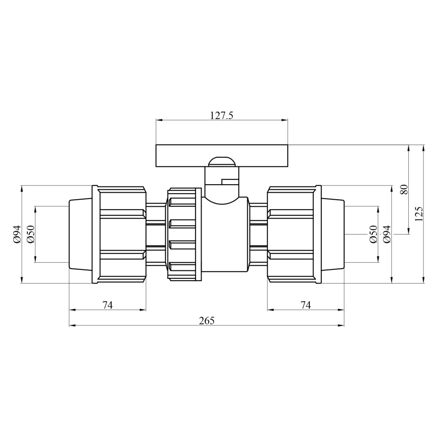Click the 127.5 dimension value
pos(221,115)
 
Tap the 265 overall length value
pos(207,321)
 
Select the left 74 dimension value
pos(107,305)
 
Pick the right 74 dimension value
pos(306,305)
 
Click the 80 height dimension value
pos(404,189)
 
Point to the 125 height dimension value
pos(419,214)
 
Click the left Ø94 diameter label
pos(17,234)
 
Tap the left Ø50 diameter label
pos(31,234)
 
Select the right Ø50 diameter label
pos(373,234)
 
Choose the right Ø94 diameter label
pos(387,234)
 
